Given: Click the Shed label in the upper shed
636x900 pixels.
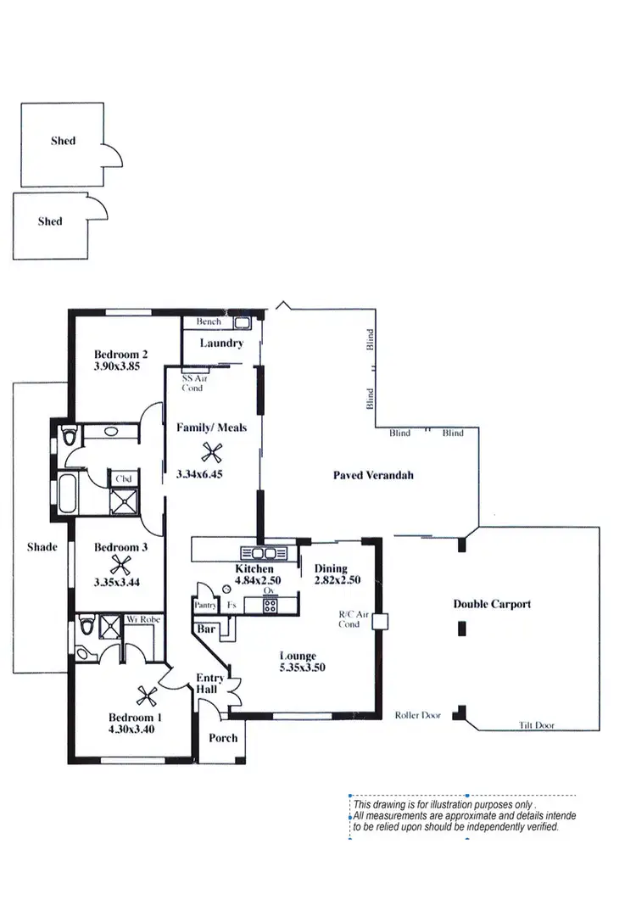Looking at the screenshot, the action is [x=63, y=141].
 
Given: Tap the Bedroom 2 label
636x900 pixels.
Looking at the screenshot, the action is [x=121, y=355].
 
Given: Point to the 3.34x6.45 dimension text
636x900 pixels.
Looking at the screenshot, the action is [x=199, y=475].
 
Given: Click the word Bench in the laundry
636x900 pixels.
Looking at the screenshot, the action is [x=209, y=322].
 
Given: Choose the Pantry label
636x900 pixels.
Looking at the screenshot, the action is [x=205, y=606].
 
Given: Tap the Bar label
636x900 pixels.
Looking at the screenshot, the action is [x=205, y=630].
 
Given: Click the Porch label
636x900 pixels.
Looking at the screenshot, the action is [x=223, y=738].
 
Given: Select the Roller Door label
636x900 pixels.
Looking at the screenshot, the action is [x=418, y=716].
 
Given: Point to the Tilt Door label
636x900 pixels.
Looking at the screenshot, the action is [x=537, y=726].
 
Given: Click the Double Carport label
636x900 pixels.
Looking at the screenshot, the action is [x=492, y=605].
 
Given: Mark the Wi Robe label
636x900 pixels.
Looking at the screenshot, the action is [x=142, y=620].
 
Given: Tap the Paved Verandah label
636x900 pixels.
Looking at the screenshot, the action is [x=373, y=476].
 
